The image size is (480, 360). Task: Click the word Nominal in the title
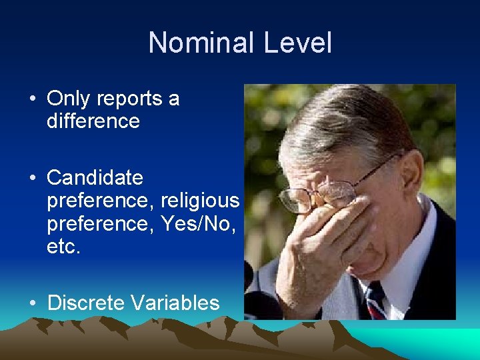(x=203, y=43)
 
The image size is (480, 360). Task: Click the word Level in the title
(x=297, y=43)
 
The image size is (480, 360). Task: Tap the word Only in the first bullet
(x=69, y=99)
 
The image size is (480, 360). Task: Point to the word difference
(x=93, y=121)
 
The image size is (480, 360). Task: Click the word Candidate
(x=95, y=178)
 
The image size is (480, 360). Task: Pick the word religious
(x=200, y=201)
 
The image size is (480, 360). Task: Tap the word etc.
(x=63, y=247)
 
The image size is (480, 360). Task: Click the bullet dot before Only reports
(x=32, y=99)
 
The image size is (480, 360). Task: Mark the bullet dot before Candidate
(x=32, y=179)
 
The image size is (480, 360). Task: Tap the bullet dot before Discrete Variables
(x=32, y=304)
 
